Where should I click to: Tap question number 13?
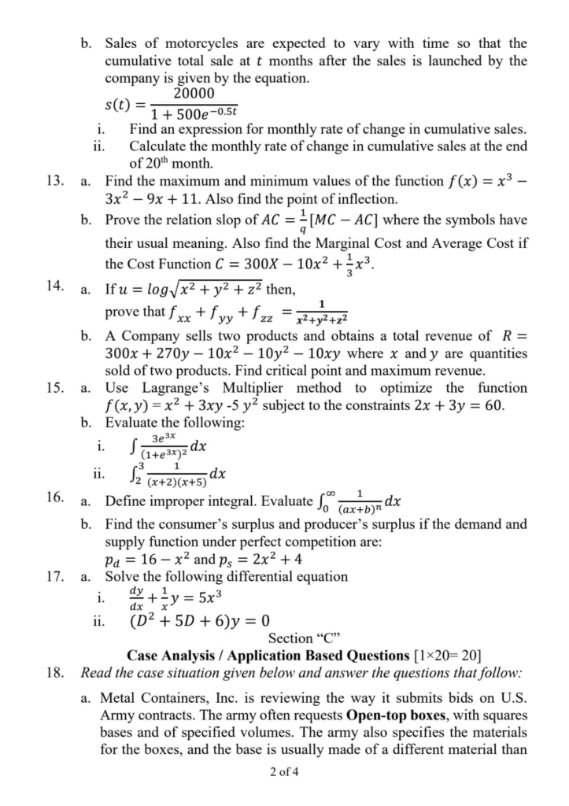pos(55,180)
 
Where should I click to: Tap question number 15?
pos(55,388)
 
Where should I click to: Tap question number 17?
pos(55,577)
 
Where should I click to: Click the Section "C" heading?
pos(303,638)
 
